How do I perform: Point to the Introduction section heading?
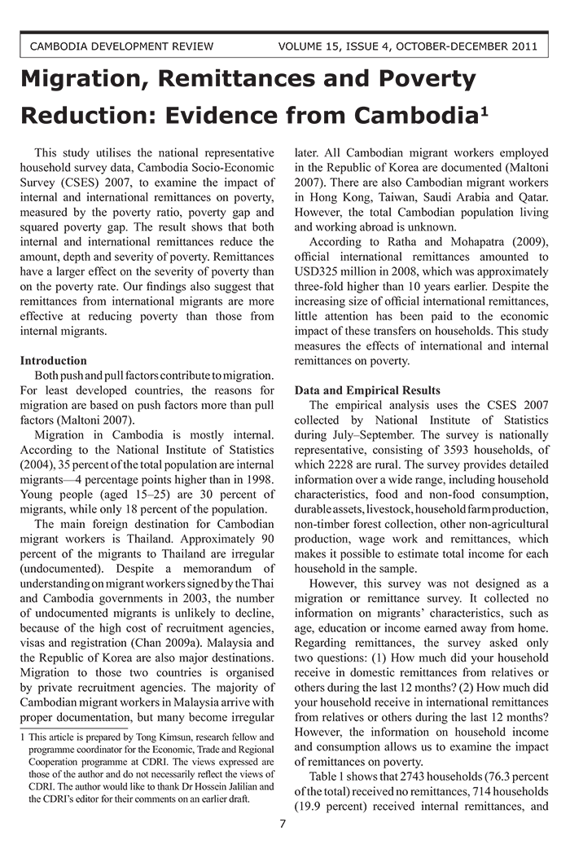point(53,360)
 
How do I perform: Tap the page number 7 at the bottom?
point(283,824)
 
